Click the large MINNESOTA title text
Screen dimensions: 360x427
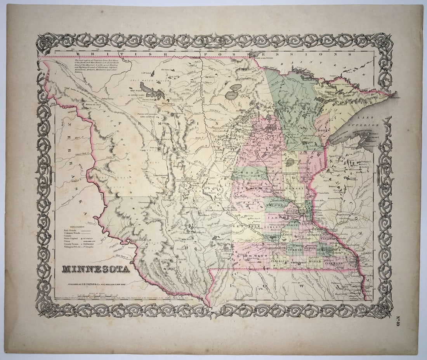(96, 269)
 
